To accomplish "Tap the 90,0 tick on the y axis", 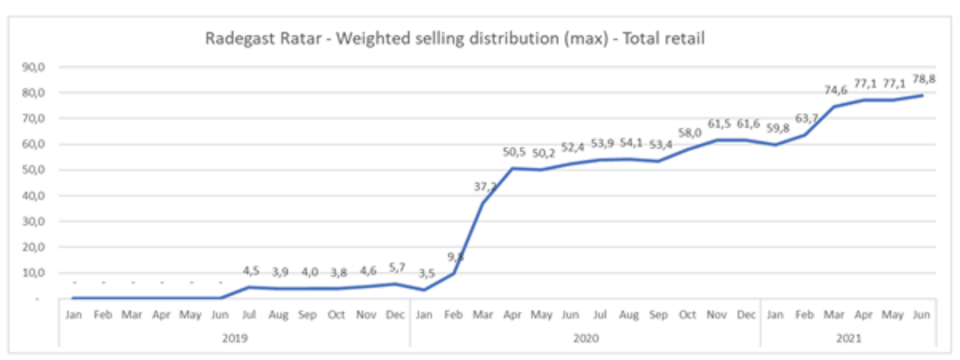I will (x=33, y=67).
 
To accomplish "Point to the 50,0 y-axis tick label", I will (x=33, y=170).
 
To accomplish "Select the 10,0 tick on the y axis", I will (x=33, y=273).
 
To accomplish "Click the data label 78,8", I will (x=923, y=79).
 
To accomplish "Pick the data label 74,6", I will (x=835, y=90).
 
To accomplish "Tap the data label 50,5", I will (x=514, y=151).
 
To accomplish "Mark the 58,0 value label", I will (x=689, y=132).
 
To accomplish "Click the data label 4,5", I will (x=251, y=270).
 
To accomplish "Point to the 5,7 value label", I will (x=397, y=267).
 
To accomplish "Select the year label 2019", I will (x=234, y=338).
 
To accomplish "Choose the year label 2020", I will (x=585, y=338).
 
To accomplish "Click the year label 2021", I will (x=848, y=338).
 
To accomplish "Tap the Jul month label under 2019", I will (x=249, y=315).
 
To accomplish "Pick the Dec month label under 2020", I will (x=746, y=315).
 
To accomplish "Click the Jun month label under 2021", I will (x=921, y=315).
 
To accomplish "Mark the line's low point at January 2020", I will (x=424, y=289).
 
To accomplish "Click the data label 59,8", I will (x=777, y=128).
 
